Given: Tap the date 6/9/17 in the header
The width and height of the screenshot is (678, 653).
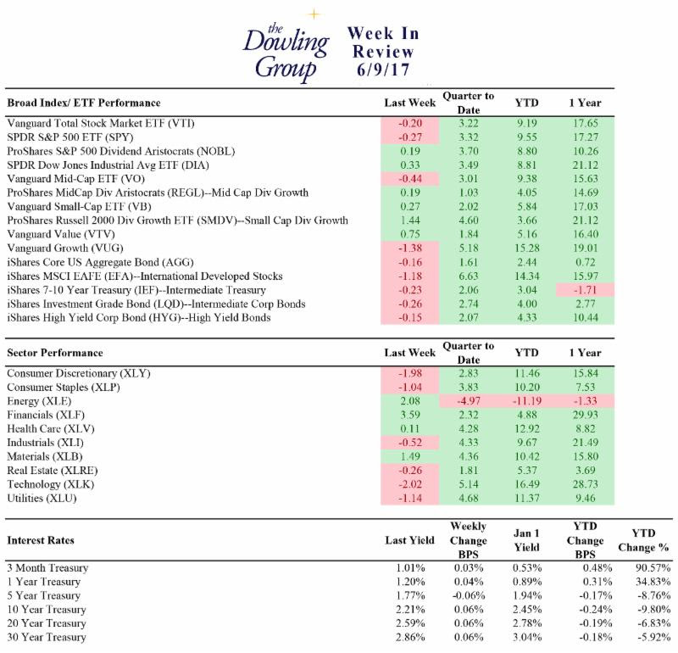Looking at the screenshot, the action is point(383,70).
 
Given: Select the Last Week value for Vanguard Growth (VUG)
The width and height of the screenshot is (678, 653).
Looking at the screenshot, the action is point(410,248).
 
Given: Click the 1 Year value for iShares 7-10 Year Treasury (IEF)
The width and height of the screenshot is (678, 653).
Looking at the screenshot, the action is point(586,290).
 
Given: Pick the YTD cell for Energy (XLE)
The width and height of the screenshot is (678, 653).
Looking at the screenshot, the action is point(526,401).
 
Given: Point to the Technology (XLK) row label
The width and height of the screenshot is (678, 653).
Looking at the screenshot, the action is point(51,484).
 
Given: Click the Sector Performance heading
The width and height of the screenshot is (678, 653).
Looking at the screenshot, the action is point(55,353).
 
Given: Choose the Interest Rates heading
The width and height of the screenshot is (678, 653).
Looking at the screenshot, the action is point(41,540).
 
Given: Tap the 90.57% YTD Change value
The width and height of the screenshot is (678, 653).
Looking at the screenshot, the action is point(653,567).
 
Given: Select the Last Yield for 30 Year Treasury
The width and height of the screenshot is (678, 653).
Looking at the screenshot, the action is point(410,637).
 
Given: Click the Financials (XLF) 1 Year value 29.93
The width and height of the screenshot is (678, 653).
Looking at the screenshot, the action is point(586,415).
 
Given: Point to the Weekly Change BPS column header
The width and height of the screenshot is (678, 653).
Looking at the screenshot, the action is point(469,540).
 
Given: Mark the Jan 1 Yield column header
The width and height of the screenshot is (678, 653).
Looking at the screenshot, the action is point(526,540).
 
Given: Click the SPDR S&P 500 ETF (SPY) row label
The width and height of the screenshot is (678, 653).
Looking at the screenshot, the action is point(70,137).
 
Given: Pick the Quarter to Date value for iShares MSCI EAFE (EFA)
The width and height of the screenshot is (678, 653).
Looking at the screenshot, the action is point(469,276).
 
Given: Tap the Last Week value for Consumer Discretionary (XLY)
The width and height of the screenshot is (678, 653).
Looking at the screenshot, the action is point(410,373).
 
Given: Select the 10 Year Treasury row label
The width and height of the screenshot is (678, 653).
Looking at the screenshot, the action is point(47,609).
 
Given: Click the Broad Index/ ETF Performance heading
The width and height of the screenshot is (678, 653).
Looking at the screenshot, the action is point(84,103).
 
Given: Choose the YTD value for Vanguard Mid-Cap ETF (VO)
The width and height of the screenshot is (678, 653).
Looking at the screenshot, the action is point(526,179).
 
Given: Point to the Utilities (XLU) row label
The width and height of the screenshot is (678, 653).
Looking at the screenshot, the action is point(42,498).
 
